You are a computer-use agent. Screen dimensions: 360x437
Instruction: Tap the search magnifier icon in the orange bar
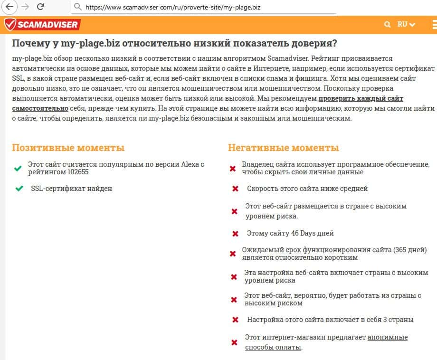pyautogui.click(x=388, y=24)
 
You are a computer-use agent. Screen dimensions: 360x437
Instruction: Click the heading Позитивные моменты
pyautogui.click(x=68, y=148)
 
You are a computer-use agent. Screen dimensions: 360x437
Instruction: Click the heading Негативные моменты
pyautogui.click(x=284, y=148)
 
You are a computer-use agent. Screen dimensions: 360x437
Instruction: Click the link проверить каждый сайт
pyautogui.click(x=361, y=99)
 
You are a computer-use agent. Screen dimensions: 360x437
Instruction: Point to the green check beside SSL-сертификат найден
pyautogui.click(x=19, y=189)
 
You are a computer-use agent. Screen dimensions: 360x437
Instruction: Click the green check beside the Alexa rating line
pyautogui.click(x=18, y=169)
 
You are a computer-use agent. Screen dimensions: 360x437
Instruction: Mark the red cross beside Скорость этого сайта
pyautogui.click(x=235, y=189)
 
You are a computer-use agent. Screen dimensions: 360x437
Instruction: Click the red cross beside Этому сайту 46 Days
pyautogui.click(x=235, y=234)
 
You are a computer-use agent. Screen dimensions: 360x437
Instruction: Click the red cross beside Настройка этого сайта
pyautogui.click(x=235, y=320)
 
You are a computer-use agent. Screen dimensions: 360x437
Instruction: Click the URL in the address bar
pyautogui.click(x=173, y=7)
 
